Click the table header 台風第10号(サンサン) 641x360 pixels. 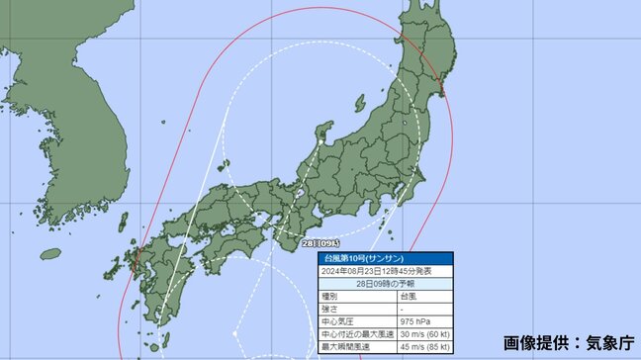[x=357, y=256]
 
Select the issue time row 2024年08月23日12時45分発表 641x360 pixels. [x=372, y=268]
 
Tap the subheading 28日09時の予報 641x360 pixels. [x=372, y=281]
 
